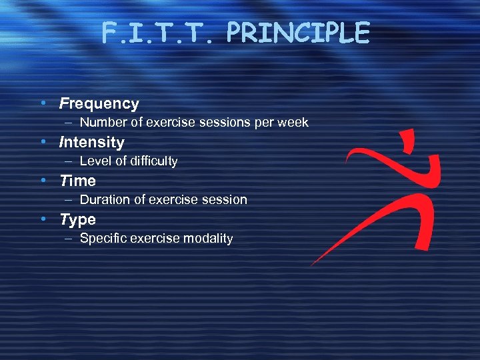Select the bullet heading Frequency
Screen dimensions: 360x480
[99, 103]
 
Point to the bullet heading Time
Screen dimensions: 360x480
[78, 181]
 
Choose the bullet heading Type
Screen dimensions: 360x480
[78, 219]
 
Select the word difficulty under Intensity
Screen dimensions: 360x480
[151, 161]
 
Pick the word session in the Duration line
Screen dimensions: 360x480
[225, 199]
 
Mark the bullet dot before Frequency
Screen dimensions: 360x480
[42, 103]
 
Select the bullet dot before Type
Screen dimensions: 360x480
[42, 219]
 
